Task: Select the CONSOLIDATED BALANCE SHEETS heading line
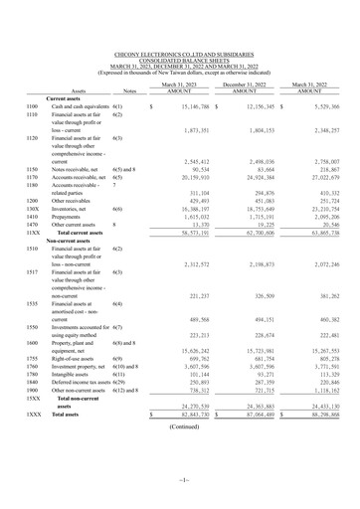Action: click(178, 60)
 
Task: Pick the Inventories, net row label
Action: click(71, 209)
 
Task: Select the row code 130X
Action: click(32, 209)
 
